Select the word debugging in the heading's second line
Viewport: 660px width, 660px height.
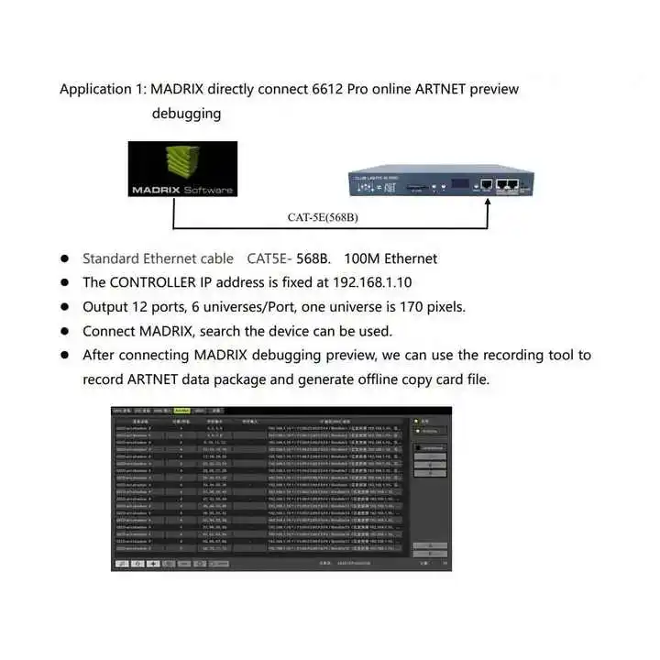click(186, 114)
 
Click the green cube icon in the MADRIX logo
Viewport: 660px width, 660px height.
click(182, 163)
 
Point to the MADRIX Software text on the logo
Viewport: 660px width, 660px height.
click(182, 190)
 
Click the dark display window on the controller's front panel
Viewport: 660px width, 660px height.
click(456, 183)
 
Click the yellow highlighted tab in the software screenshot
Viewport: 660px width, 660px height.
click(181, 412)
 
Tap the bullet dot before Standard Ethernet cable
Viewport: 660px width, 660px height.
click(66, 259)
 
